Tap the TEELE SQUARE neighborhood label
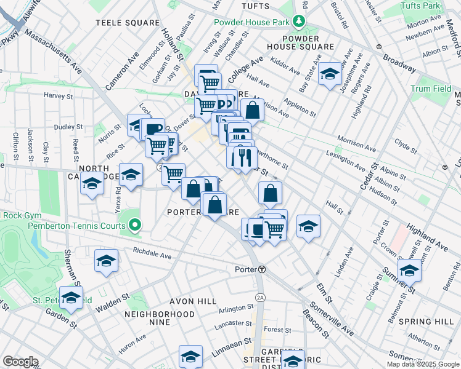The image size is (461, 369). (x=127, y=23)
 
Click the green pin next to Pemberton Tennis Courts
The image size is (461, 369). (x=137, y=226)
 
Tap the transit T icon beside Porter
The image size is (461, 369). (x=262, y=269)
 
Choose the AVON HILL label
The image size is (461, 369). (x=195, y=301)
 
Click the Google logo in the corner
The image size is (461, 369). (x=20, y=362)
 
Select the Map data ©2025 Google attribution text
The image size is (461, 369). (x=422, y=364)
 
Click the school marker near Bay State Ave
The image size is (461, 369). (x=330, y=75)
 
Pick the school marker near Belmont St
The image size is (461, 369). (x=410, y=269)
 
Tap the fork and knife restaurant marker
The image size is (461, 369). (x=244, y=157)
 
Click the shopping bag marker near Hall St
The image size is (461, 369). (x=270, y=193)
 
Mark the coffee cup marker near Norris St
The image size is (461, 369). (x=152, y=129)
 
